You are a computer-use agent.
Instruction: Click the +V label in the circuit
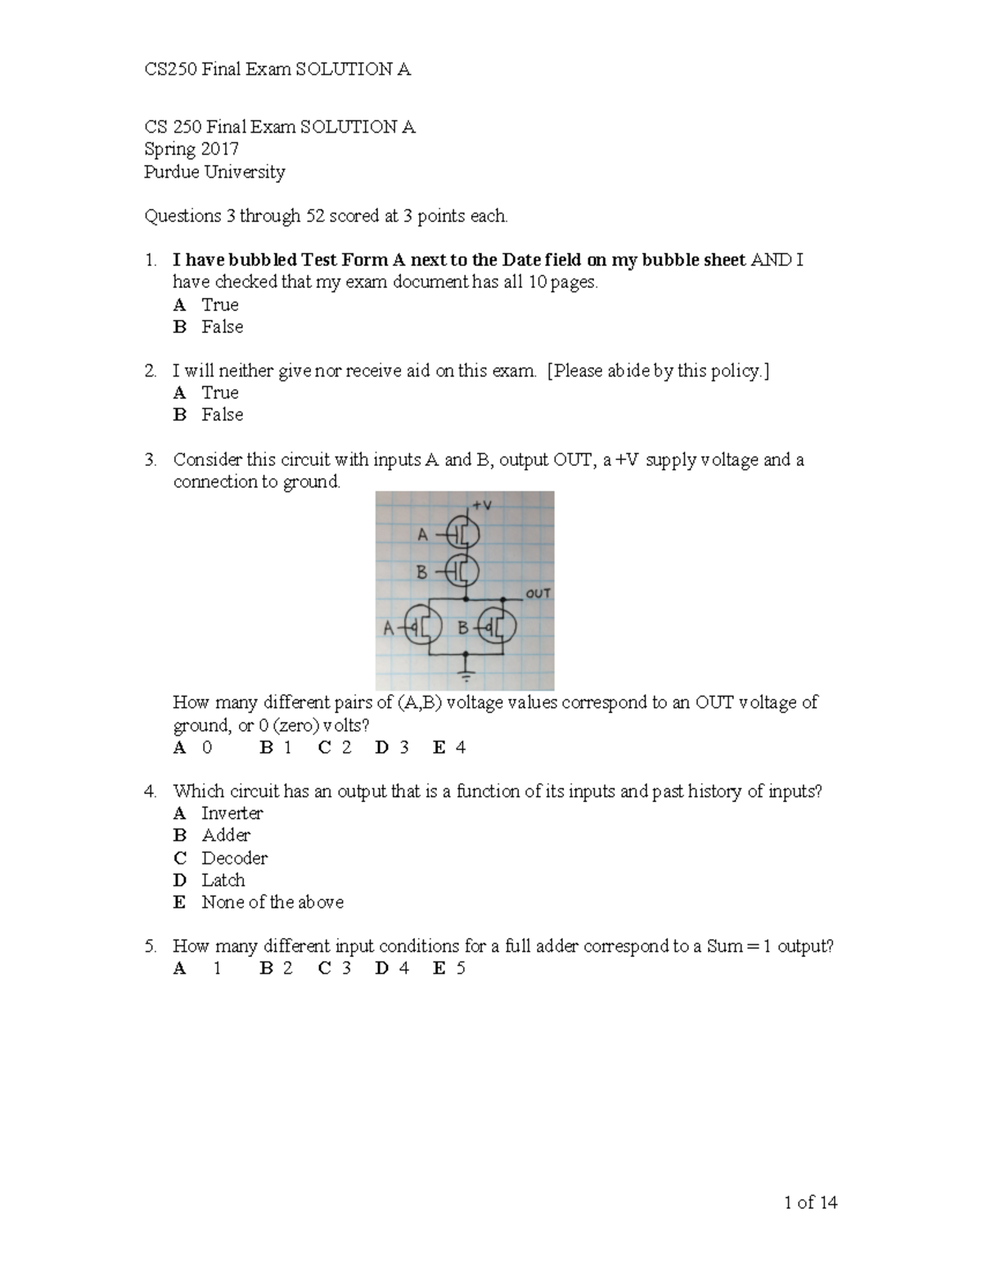(x=482, y=505)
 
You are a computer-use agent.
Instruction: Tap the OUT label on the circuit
(x=538, y=593)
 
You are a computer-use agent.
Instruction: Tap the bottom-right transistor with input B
(x=496, y=628)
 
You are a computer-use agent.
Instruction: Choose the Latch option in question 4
(x=223, y=880)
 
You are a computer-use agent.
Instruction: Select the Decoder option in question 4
(x=234, y=858)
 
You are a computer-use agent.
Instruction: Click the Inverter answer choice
(x=232, y=813)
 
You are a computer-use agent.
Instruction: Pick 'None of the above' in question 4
(x=272, y=902)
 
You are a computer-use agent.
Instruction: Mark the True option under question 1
(x=219, y=304)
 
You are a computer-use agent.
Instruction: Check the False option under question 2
(x=222, y=415)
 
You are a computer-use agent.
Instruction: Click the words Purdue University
(x=214, y=172)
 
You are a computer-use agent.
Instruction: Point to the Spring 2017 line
(x=191, y=149)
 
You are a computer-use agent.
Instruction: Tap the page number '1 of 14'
(x=810, y=1202)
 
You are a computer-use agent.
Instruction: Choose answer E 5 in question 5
(x=449, y=969)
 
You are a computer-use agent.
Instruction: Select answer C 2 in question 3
(x=335, y=747)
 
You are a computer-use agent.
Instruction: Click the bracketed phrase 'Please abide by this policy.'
(x=658, y=371)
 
